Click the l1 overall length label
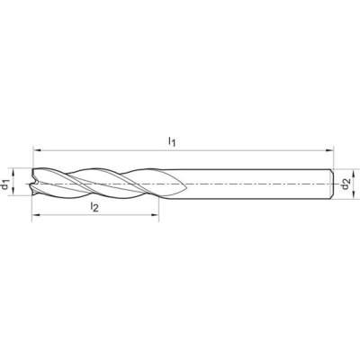tap(171, 141)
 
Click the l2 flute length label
tap(94, 207)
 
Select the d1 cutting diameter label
tap(5, 184)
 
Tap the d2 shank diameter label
tap(346, 184)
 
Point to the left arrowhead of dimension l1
tap(36, 149)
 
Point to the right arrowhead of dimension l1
tap(329, 149)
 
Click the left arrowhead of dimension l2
tap(36, 215)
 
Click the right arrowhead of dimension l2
tap(155, 215)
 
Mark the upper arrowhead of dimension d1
tap(13, 172)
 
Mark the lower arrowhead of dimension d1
tap(13, 192)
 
